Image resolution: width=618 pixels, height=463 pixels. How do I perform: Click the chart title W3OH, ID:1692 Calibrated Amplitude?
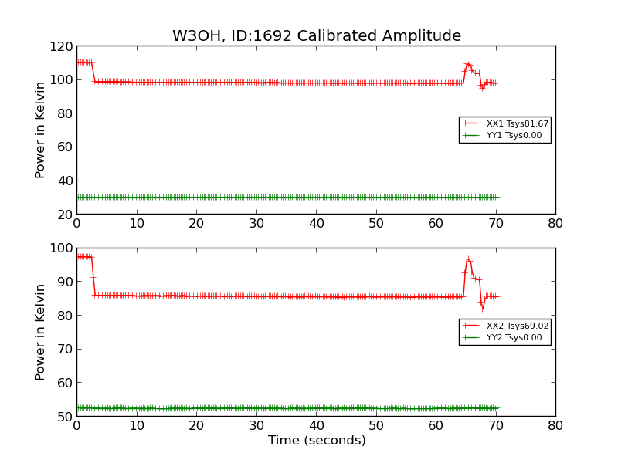[x=317, y=36]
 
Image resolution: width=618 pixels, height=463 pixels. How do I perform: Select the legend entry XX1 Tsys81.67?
[x=517, y=123]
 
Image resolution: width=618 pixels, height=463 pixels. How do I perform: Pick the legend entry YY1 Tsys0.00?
[x=514, y=136]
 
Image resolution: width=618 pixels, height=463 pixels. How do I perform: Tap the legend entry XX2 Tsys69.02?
[x=517, y=326]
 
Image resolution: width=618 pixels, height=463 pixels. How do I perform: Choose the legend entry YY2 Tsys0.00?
[x=514, y=338]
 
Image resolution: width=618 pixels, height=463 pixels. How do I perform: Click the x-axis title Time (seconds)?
[x=317, y=441]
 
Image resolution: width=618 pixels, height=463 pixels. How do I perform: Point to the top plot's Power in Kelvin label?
[x=41, y=130]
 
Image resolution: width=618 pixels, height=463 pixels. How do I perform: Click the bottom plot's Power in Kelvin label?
[x=41, y=332]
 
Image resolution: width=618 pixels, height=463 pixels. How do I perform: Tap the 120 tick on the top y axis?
[x=62, y=46]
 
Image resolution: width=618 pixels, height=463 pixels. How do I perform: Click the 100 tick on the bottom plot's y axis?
[x=62, y=248]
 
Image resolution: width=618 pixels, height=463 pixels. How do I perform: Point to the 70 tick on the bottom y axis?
[x=65, y=349]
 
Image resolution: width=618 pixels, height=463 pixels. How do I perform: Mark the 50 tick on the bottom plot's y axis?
[x=65, y=416]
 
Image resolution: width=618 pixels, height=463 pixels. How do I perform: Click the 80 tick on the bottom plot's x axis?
[x=555, y=426]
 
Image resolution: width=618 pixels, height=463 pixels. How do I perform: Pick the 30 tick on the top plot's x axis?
[x=256, y=224]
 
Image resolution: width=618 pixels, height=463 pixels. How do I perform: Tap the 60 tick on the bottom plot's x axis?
[x=435, y=426]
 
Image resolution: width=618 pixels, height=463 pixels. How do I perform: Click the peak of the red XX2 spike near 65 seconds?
[x=467, y=258]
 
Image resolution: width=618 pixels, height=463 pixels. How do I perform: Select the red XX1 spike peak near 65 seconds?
[x=467, y=63]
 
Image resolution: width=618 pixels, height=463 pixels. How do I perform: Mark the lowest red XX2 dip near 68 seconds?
[x=483, y=309]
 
